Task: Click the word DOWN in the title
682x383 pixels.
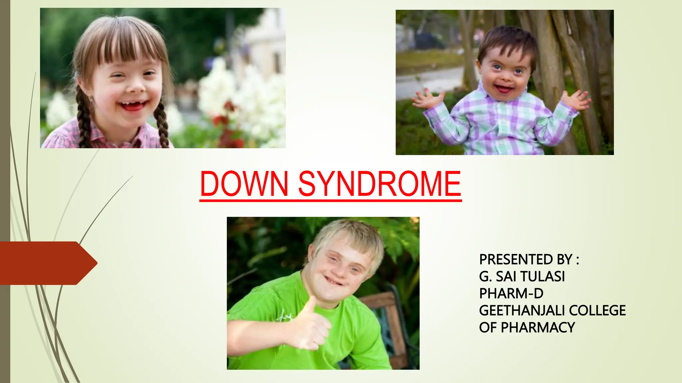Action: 244,184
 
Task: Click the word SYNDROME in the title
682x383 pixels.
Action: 380,184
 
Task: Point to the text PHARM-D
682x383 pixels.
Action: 511,294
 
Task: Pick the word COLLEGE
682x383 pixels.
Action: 597,311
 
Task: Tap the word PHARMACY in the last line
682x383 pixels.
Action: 538,328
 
